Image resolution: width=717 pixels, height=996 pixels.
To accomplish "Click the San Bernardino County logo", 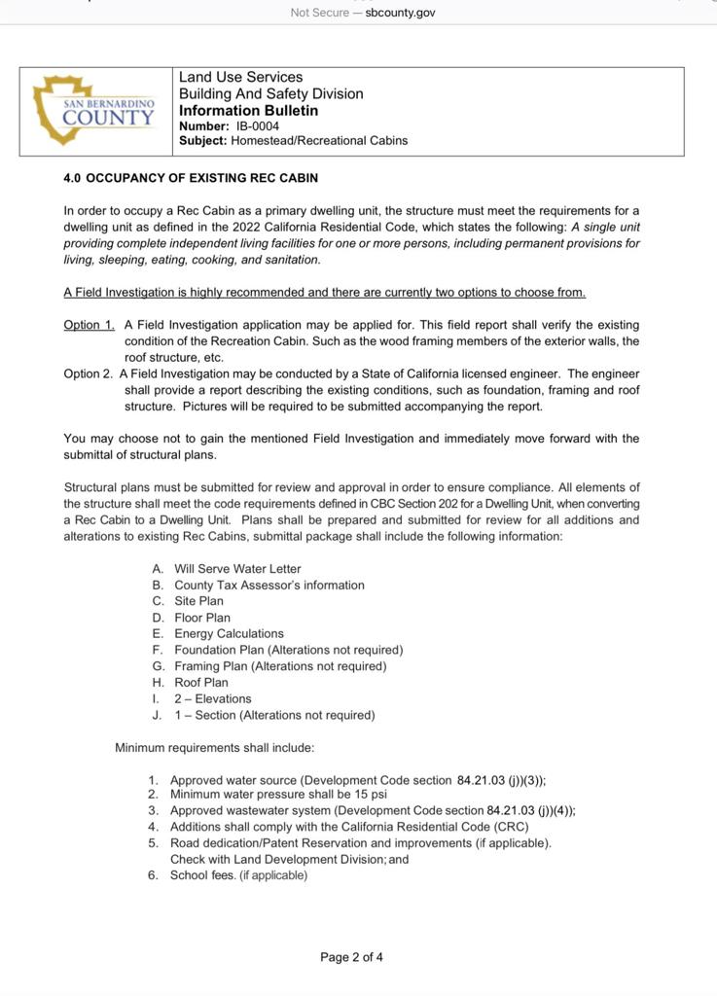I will (94, 111).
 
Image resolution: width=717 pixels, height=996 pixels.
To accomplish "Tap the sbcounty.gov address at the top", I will (400, 13).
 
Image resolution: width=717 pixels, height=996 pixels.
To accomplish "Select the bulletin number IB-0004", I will (257, 126).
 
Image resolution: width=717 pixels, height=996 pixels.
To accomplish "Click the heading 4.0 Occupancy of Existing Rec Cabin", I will (191, 179).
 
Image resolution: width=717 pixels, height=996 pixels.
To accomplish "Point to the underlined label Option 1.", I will (89, 325).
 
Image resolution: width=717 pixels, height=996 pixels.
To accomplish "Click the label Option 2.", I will (89, 373).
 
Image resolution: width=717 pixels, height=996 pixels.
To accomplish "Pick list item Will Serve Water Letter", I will (237, 569).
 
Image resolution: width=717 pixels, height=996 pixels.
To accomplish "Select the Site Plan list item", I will (198, 601).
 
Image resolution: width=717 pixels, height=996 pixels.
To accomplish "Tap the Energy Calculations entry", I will (229, 633).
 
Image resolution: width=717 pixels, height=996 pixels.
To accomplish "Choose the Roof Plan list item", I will (201, 683).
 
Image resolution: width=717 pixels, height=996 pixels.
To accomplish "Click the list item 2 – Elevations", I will (212, 698).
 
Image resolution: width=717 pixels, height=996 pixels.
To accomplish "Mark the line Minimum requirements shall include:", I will (214, 748).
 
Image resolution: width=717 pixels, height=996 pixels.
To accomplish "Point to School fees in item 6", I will (202, 875).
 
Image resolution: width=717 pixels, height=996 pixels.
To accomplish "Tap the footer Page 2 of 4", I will (351, 957).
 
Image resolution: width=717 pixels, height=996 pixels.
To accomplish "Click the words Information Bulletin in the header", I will (248, 111).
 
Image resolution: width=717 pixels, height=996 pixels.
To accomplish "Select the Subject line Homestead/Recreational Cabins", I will (319, 141).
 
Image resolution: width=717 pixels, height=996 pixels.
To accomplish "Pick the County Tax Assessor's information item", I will (269, 586).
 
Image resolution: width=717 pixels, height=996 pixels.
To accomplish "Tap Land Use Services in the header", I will (240, 77).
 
